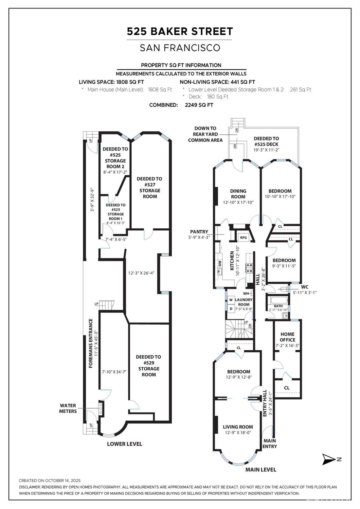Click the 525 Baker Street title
(x=180, y=32)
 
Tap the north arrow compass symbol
(x=328, y=459)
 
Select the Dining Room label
(x=238, y=194)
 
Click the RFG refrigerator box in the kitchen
(x=244, y=238)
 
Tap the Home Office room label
(x=287, y=337)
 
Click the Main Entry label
(x=270, y=443)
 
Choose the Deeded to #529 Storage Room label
(x=148, y=366)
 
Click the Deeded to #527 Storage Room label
(x=149, y=188)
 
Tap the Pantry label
(x=199, y=232)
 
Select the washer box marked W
(x=231, y=300)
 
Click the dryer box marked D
(x=231, y=309)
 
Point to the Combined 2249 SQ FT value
(x=199, y=105)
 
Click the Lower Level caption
(x=124, y=444)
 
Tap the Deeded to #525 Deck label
(x=266, y=141)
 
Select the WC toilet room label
(x=305, y=287)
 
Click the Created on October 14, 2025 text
(x=50, y=480)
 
